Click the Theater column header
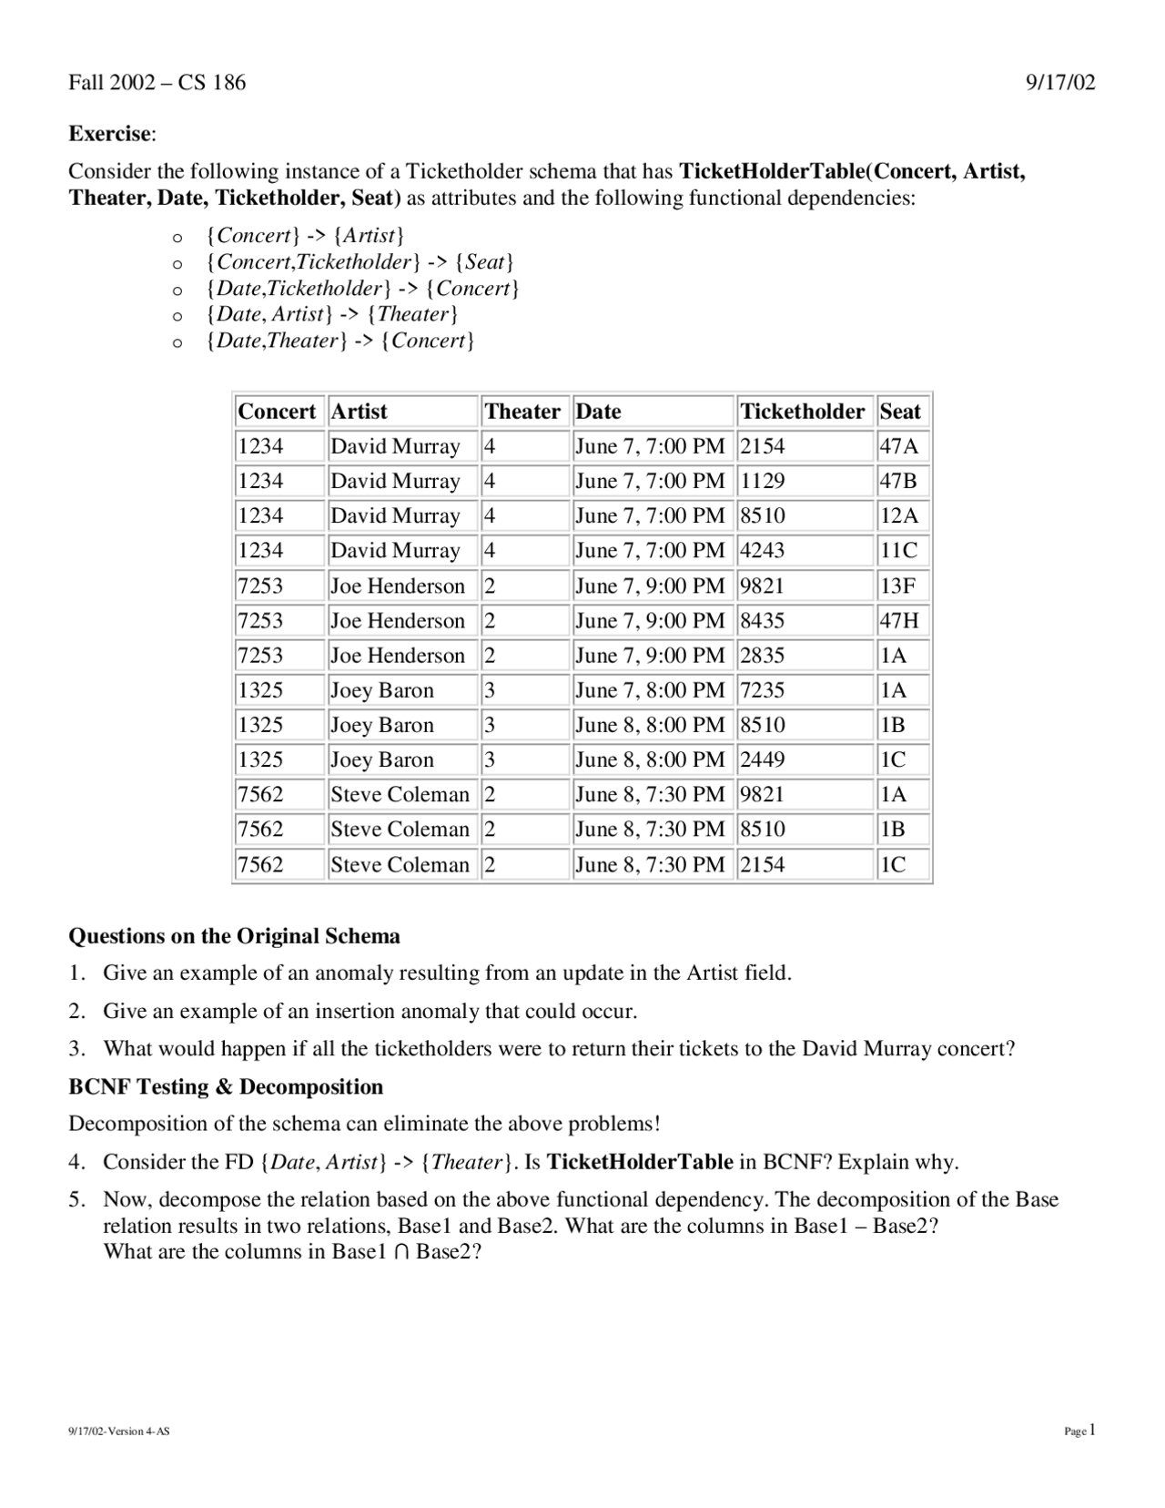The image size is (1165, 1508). coord(522,412)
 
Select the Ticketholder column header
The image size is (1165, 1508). coord(802,412)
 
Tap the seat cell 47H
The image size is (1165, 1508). coord(898,621)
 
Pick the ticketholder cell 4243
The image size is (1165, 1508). coord(762,551)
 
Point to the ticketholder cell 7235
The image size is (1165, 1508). coord(762,690)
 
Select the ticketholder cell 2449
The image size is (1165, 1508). coord(762,760)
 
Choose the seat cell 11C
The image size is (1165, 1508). coord(898,551)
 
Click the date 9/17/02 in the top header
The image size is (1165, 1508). coord(1060,83)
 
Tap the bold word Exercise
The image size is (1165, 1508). coord(110,134)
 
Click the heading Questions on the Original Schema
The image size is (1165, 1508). coord(234,936)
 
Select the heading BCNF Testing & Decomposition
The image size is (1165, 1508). coord(226,1087)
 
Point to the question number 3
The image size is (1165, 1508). coord(76,1049)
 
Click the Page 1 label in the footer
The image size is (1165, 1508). coord(1080,1431)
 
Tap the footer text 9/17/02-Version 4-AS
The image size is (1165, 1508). coord(119,1432)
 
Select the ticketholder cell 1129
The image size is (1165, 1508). coord(762,481)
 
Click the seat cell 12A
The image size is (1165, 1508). coord(898,516)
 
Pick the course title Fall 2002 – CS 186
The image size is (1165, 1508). coord(157,83)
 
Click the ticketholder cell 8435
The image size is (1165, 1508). coord(762,621)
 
